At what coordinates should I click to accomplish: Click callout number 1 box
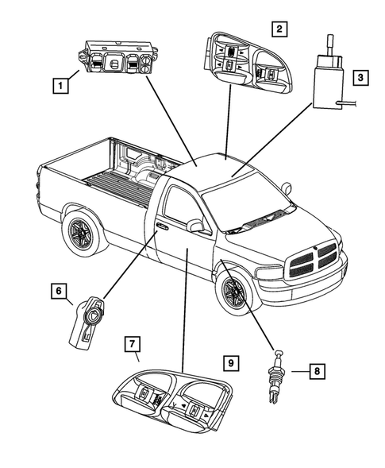tap(59, 83)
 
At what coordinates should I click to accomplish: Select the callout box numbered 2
tap(278, 30)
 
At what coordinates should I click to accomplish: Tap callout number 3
tap(360, 78)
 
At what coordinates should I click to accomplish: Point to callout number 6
tap(58, 292)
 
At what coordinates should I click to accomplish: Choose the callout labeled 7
tap(133, 344)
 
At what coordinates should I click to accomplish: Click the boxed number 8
tap(315, 370)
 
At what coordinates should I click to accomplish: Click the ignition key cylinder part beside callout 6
tap(87, 319)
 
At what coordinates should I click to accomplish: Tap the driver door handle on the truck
tap(162, 226)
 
